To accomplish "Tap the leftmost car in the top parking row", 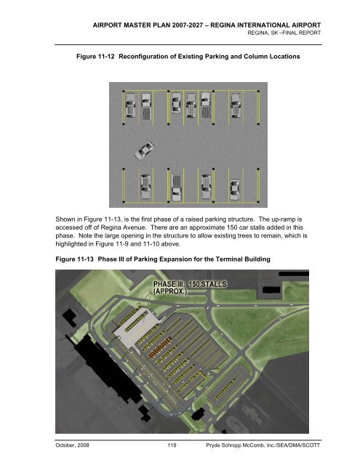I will coord(130,106).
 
